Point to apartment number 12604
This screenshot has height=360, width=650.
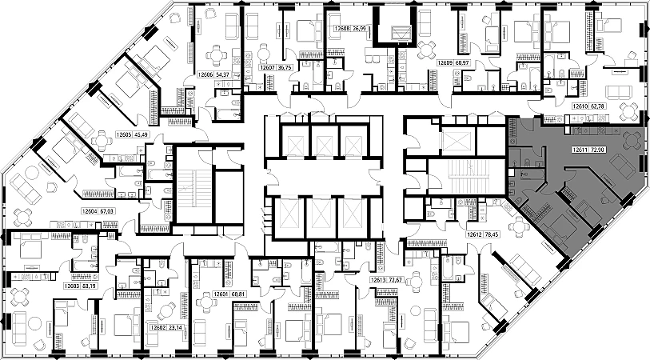(89, 212)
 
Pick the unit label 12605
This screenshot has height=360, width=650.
(123, 134)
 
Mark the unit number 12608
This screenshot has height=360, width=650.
(336, 28)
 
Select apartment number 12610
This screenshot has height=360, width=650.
(582, 106)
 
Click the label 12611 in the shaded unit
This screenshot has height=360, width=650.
(581, 150)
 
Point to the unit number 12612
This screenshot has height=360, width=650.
(475, 235)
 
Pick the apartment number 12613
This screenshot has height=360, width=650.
(378, 281)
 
